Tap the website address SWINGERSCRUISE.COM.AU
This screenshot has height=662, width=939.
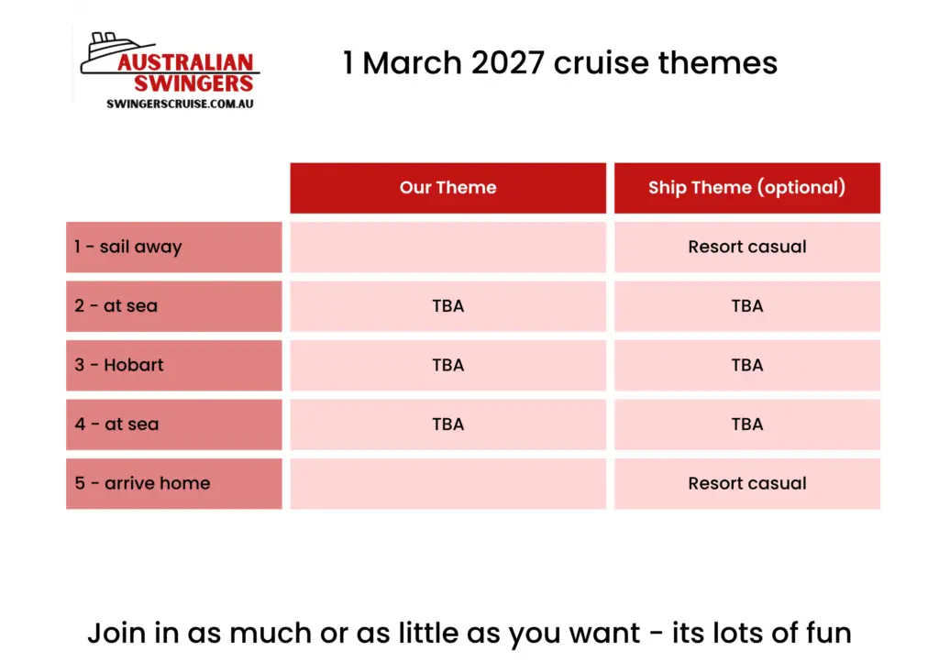(x=180, y=105)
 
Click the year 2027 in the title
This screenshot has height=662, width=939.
(x=508, y=63)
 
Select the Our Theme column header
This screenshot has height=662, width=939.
(x=447, y=188)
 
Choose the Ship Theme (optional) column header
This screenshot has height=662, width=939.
(x=746, y=188)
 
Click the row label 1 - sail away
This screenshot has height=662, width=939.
(x=128, y=248)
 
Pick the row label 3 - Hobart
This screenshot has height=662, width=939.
(x=118, y=365)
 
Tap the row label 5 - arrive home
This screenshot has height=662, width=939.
(x=142, y=483)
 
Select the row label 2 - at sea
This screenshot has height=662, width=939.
(x=116, y=306)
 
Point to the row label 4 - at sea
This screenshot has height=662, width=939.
(x=116, y=425)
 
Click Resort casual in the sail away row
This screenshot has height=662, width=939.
(x=747, y=247)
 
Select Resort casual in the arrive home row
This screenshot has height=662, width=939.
(x=747, y=483)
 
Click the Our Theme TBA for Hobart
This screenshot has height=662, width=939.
(x=447, y=365)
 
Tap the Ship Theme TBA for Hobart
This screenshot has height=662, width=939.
(x=747, y=365)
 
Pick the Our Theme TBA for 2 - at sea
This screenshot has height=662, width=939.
(x=447, y=306)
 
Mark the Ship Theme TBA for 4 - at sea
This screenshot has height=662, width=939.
(x=747, y=425)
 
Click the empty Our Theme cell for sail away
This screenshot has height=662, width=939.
(x=447, y=248)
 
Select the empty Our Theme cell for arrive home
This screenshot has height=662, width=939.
(x=447, y=483)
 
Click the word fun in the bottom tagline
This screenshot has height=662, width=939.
(x=828, y=634)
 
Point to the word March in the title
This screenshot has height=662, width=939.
(x=412, y=63)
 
